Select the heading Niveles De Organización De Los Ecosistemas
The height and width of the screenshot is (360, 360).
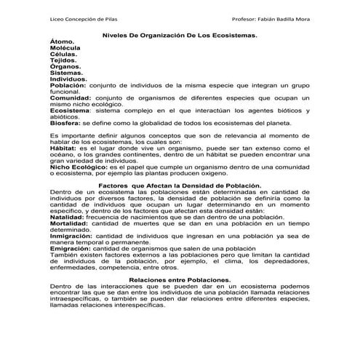(x=180, y=35)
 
